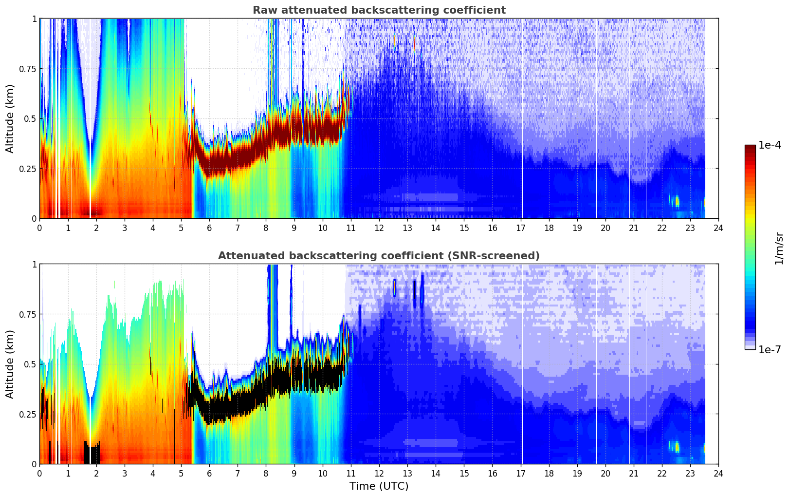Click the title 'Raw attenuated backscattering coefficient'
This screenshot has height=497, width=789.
(x=379, y=10)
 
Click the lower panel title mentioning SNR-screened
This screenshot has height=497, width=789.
(x=379, y=256)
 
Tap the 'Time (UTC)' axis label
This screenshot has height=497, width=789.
(x=379, y=486)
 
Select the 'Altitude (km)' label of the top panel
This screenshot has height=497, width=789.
(x=10, y=118)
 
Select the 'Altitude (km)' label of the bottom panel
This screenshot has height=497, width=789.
(x=10, y=364)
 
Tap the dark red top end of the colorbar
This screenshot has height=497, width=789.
(x=750, y=147)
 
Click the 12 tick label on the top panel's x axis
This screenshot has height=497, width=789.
(x=379, y=228)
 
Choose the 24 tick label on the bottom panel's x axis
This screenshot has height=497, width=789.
(x=718, y=473)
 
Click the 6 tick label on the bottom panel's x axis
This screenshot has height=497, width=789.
(x=209, y=473)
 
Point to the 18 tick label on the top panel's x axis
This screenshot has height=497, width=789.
(x=549, y=228)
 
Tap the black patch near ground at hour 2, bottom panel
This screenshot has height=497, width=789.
(x=92, y=453)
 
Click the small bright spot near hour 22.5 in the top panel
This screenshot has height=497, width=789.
(x=677, y=201)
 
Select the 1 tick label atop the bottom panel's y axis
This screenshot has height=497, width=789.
(x=34, y=265)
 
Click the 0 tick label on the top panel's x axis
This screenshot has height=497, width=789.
(x=40, y=228)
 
